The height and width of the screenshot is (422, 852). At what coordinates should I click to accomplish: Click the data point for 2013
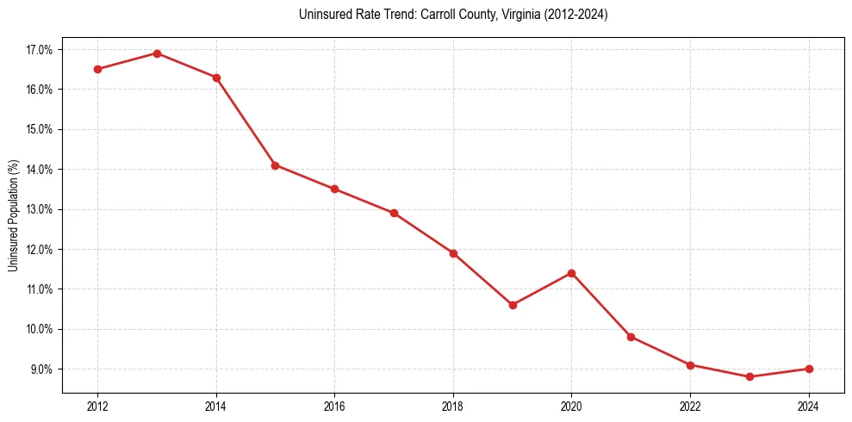[x=157, y=53]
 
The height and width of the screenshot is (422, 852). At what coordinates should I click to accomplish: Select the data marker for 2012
[x=97, y=69]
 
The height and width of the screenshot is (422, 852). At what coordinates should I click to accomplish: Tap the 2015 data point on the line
[x=275, y=165]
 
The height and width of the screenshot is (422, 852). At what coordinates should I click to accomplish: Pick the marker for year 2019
[x=513, y=305]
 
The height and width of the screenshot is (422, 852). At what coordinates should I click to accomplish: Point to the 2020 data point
[x=571, y=273]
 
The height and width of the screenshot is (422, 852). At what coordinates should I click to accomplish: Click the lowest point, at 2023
[x=749, y=376]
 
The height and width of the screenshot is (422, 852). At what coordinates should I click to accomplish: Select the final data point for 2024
[x=809, y=369]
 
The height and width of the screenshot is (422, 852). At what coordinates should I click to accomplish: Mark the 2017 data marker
[x=394, y=213]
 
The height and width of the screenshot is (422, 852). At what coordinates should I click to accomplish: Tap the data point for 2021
[x=631, y=337]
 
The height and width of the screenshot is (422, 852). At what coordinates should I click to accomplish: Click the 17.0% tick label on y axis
[x=40, y=50]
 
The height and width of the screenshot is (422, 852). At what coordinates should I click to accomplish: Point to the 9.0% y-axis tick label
[x=41, y=369]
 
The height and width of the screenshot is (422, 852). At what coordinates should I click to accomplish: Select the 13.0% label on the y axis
[x=40, y=209]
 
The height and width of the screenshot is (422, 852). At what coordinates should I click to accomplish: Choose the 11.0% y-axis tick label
[x=40, y=289]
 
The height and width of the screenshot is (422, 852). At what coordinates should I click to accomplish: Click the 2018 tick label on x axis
[x=453, y=406]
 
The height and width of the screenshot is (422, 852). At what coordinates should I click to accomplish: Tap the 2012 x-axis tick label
[x=97, y=406]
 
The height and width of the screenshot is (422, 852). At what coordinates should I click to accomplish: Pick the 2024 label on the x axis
[x=809, y=406]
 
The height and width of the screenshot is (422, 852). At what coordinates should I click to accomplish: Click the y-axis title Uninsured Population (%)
[x=14, y=215]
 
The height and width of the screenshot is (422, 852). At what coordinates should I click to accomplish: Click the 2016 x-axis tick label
[x=334, y=406]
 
